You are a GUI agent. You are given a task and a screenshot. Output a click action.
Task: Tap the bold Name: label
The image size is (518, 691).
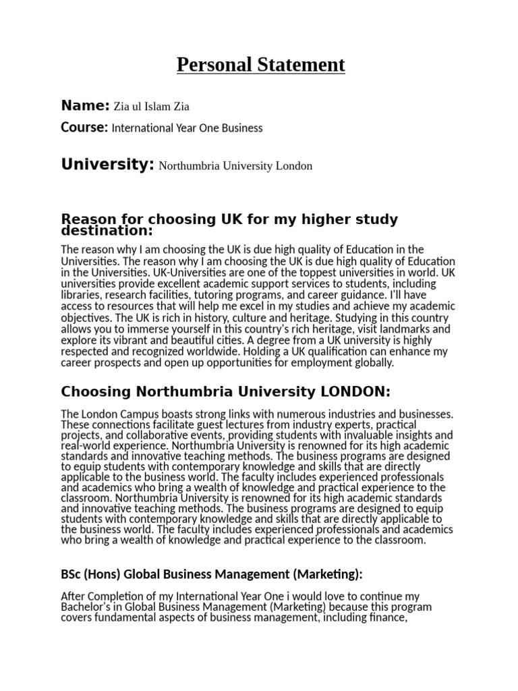pyautogui.click(x=85, y=105)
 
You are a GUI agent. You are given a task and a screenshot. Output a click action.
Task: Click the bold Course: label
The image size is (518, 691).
pyautogui.click(x=84, y=127)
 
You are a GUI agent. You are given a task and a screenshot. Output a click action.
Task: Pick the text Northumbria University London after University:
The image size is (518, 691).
pyautogui.click(x=235, y=165)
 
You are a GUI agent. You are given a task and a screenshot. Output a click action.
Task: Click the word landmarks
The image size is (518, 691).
pyautogui.click(x=426, y=329)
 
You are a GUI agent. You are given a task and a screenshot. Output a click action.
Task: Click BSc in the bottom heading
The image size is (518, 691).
pyautogui.click(x=71, y=574)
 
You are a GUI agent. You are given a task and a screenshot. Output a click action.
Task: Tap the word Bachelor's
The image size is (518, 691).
pyautogui.click(x=90, y=607)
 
